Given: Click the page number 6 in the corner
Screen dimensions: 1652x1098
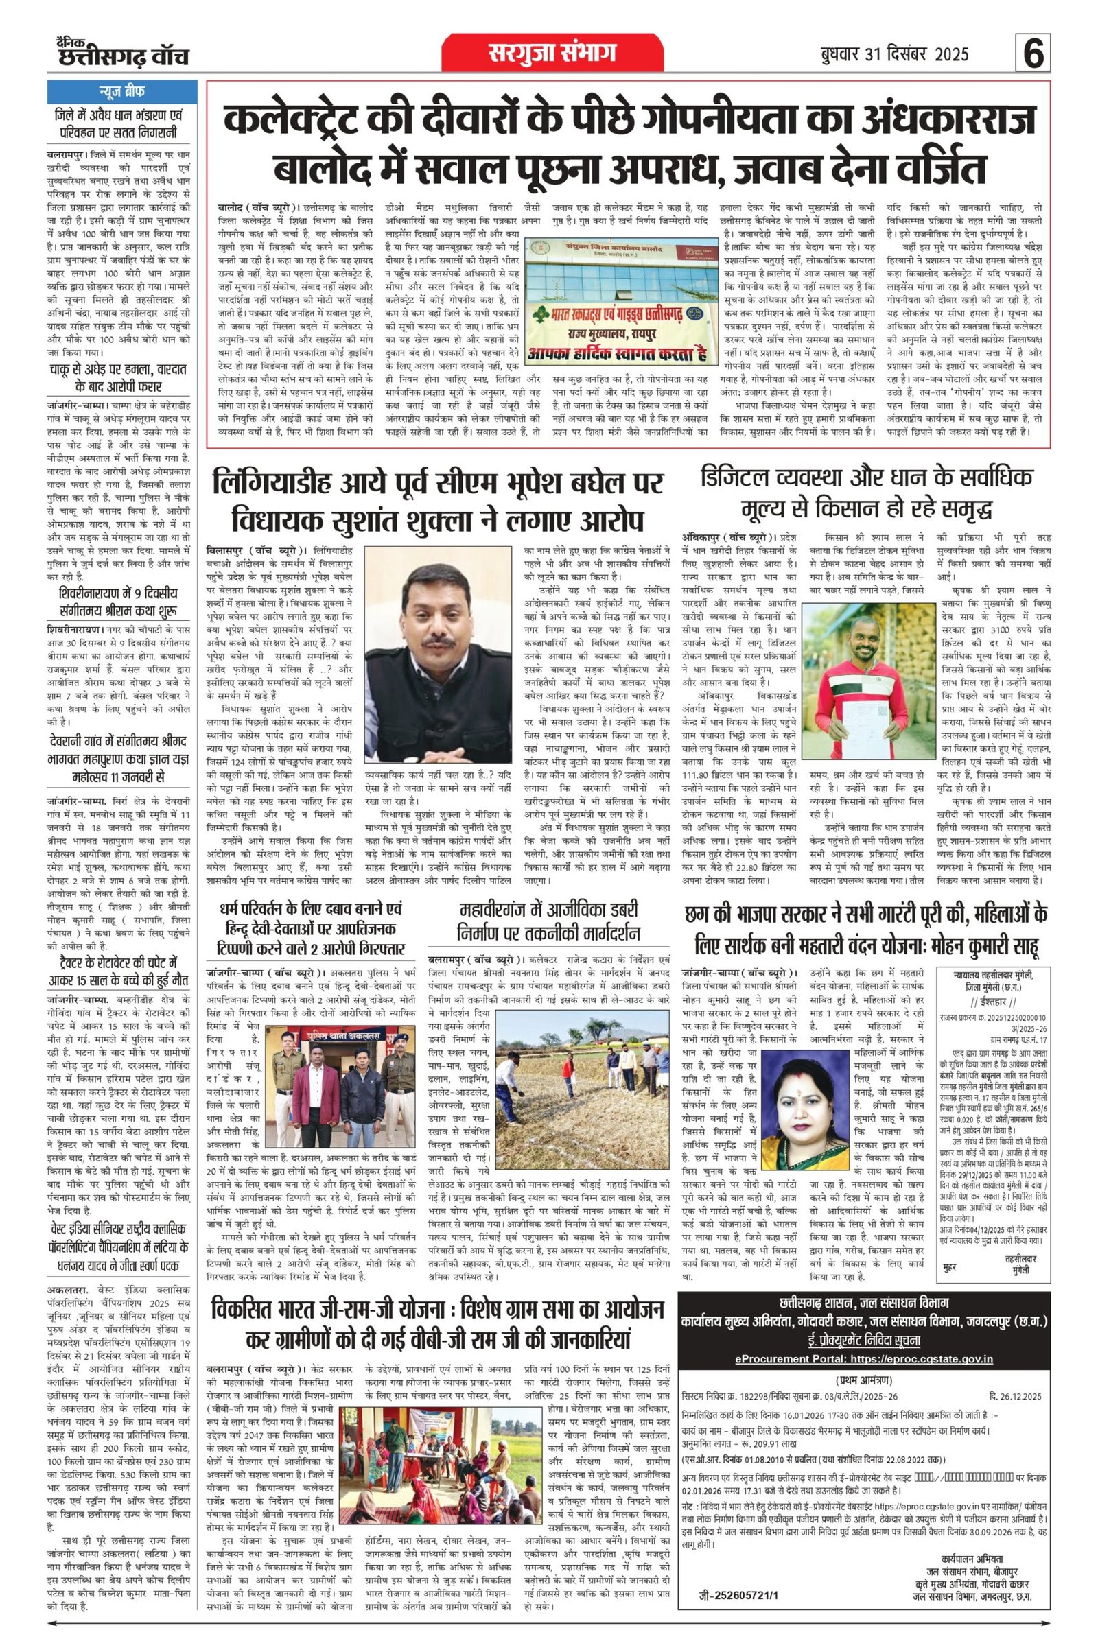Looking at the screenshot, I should click(x=1033, y=55).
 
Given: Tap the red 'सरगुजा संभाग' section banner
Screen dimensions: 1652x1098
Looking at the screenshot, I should click(x=552, y=54).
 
